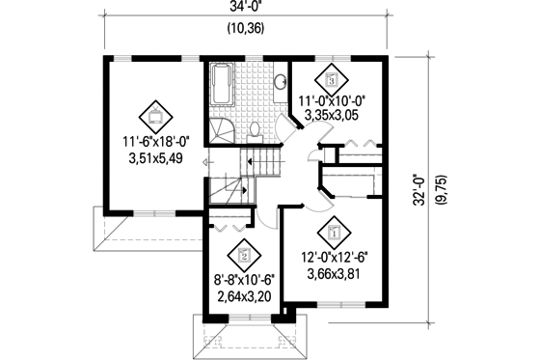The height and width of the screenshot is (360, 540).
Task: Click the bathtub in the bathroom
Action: (x=220, y=88)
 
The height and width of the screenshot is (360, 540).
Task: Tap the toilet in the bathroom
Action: (x=256, y=130)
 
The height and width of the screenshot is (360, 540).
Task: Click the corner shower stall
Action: (x=218, y=131)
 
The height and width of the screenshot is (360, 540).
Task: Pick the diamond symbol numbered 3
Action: (x=333, y=79)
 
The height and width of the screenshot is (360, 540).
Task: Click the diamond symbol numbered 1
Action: (x=335, y=232)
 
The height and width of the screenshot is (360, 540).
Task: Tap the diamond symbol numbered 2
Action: (x=243, y=256)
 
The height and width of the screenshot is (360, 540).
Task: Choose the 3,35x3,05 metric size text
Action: (x=333, y=114)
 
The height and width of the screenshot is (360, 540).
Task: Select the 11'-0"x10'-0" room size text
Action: (x=333, y=99)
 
